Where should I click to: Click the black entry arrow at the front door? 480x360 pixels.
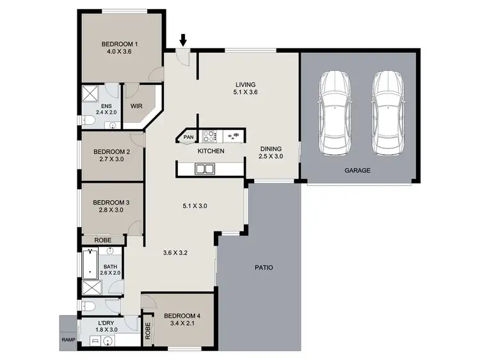coord(183,40)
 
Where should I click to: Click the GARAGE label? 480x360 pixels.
coord(358,171)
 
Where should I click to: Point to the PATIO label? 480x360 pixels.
coord(264,267)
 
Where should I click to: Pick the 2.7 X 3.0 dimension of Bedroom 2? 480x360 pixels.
coord(112,160)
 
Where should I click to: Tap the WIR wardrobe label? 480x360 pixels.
coord(136,106)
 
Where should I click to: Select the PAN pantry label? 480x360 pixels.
coord(188,137)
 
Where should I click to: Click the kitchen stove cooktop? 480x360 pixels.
coord(209,136)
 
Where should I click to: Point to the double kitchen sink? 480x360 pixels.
coord(205,169)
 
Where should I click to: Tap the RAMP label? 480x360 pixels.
coord(68,340)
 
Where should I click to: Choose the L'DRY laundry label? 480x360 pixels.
coord(106,323)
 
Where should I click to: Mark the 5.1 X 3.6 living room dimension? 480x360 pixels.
coord(245,92)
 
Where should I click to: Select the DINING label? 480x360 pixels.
coord(271,148)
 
